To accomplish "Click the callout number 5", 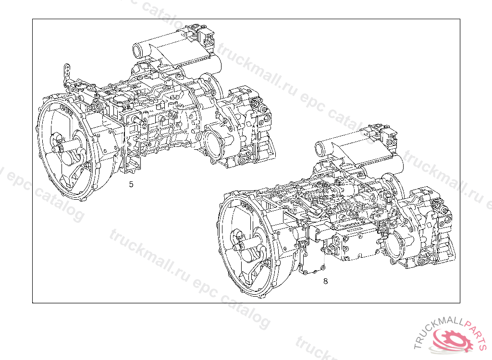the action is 131,184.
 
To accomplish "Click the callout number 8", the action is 325,281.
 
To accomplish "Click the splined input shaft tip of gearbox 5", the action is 58,147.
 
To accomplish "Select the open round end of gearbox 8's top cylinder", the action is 320,149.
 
